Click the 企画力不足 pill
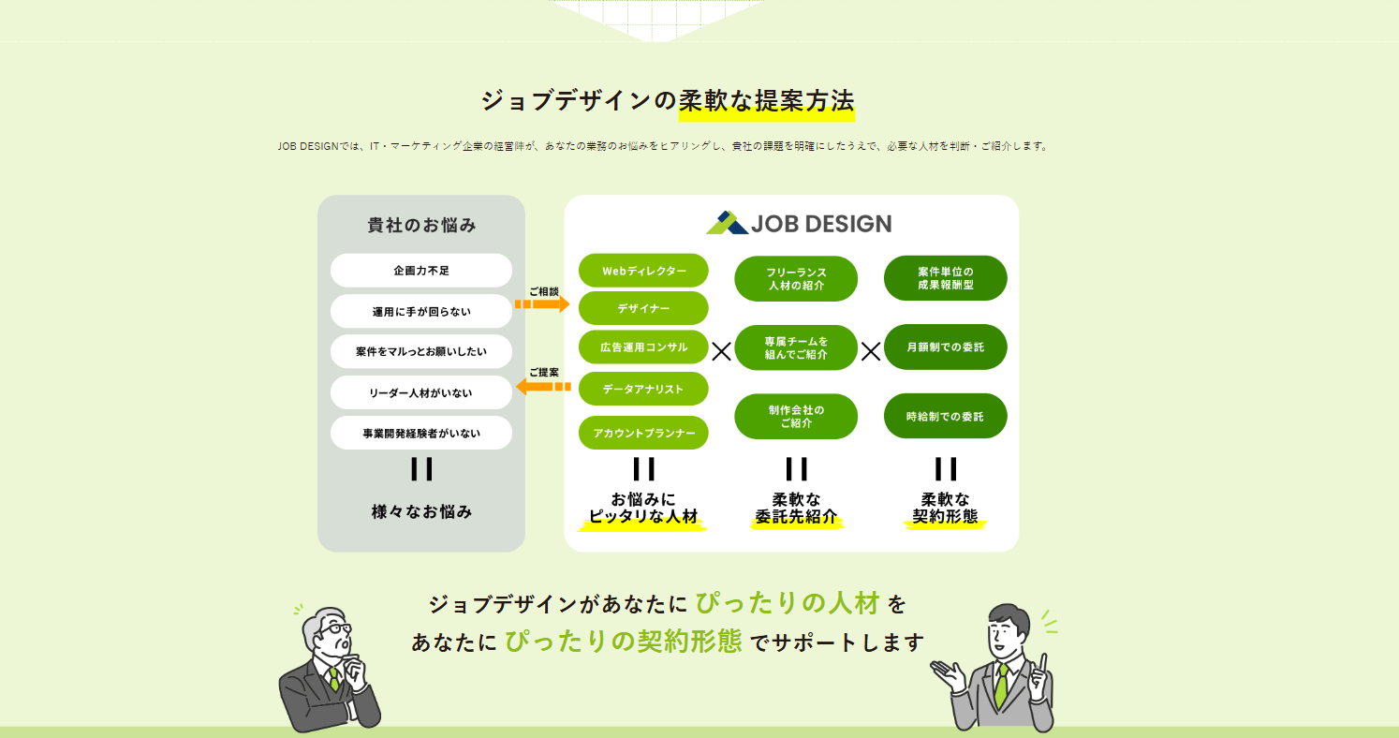421,271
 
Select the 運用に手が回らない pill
421,312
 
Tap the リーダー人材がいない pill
421,393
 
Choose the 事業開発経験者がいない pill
421,434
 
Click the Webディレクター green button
643,271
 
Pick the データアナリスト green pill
643,389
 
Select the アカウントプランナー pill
643,434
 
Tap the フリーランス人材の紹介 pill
796,278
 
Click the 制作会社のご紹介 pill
796,417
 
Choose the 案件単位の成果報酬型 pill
945,278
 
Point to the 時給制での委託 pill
945,417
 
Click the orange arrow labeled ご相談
542,304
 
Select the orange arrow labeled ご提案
543,386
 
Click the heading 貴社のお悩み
421,226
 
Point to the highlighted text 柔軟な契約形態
945,508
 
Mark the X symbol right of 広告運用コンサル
721,351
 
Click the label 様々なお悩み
421,512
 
